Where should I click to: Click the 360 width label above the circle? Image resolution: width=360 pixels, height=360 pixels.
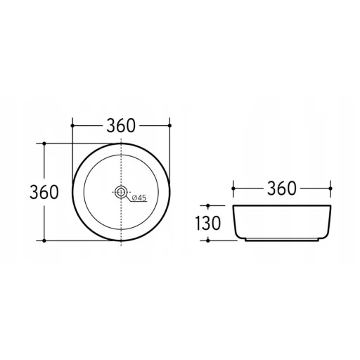click(x=121, y=126)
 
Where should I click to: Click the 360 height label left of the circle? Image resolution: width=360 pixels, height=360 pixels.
click(x=44, y=192)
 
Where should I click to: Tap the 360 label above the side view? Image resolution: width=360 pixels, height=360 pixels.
click(x=282, y=188)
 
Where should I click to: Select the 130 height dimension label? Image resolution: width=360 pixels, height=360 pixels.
click(x=208, y=223)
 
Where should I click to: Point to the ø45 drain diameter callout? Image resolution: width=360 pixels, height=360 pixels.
click(x=139, y=198)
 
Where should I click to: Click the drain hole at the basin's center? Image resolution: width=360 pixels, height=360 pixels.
click(x=121, y=192)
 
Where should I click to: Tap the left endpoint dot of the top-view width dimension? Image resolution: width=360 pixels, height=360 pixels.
click(x=72, y=126)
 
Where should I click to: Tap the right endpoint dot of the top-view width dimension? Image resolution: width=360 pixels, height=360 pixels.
click(x=169, y=126)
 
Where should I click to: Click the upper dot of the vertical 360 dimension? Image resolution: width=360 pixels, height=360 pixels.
click(x=44, y=143)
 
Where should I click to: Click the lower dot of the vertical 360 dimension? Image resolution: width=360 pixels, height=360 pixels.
click(x=44, y=240)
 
